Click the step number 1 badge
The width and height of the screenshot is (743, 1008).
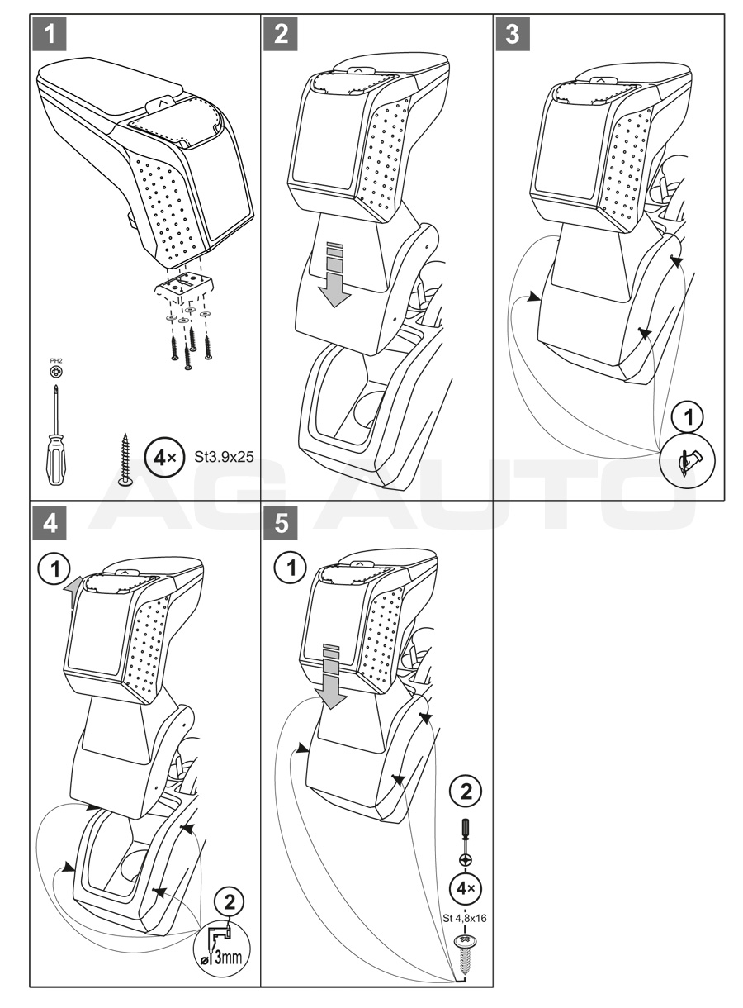(50, 34)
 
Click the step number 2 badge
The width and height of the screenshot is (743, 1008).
(281, 34)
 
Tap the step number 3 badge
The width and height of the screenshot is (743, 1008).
(513, 34)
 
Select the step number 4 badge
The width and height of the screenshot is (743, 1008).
(50, 523)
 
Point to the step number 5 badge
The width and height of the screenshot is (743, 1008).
(281, 523)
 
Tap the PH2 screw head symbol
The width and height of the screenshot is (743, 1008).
(56, 372)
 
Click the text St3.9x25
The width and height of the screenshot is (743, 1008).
(224, 457)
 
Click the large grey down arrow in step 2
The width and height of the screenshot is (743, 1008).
(334, 274)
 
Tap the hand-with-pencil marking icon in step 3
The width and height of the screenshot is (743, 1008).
(687, 463)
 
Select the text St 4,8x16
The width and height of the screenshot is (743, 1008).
(465, 906)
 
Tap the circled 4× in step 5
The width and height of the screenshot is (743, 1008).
(466, 876)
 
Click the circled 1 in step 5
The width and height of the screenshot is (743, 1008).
(291, 568)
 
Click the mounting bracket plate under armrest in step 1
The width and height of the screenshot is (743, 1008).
(184, 285)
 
